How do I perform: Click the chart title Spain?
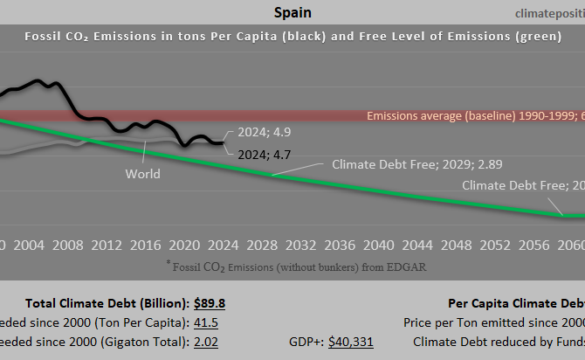tap(292, 12)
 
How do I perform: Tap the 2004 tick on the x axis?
tap(30, 244)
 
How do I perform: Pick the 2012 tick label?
tap(107, 244)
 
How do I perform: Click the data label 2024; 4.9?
tap(265, 134)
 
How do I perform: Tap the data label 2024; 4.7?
tap(265, 154)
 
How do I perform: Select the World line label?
tap(142, 174)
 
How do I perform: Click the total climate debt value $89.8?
tap(210, 303)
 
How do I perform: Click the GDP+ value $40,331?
tap(351, 342)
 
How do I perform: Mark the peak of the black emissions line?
tap(39, 81)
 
